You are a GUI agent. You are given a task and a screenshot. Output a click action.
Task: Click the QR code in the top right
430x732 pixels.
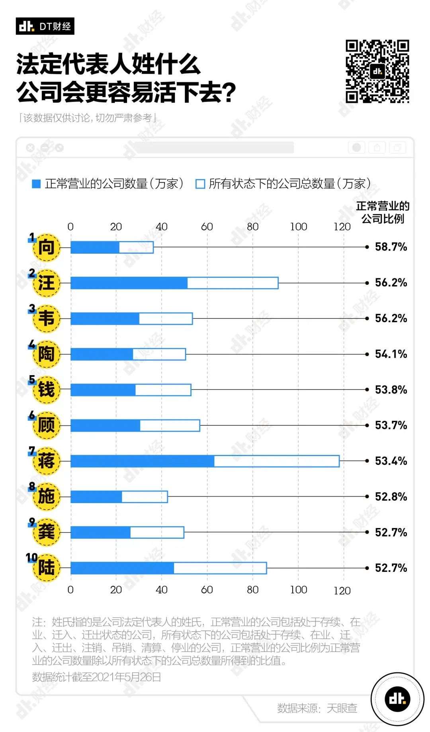[377, 71]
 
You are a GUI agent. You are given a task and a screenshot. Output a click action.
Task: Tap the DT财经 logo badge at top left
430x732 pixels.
[45, 26]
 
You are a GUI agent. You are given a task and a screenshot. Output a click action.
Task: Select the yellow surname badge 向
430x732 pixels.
[47, 248]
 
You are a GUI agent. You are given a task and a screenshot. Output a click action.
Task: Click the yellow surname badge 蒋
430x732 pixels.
[47, 461]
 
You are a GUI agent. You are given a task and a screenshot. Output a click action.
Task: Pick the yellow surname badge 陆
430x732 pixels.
[47, 568]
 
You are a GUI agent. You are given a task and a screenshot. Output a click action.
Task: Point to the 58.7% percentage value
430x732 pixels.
[391, 247]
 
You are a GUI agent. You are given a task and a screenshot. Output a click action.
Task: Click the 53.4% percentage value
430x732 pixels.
[391, 461]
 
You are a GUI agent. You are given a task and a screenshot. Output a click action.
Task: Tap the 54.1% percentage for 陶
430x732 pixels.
[391, 354]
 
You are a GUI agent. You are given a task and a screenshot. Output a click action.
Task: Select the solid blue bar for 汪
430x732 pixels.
[129, 283]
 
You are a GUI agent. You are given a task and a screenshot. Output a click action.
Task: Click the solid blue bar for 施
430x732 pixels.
[96, 497]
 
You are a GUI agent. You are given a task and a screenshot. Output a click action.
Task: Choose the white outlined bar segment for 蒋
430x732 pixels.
[277, 461]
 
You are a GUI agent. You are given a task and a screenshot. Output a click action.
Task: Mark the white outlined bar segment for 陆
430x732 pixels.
[220, 568]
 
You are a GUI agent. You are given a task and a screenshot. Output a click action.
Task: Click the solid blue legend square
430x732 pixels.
[36, 184]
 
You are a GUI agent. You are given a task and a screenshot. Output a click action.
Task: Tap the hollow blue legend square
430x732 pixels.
[200, 184]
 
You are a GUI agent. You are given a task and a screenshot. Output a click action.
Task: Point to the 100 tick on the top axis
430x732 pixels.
[298, 227]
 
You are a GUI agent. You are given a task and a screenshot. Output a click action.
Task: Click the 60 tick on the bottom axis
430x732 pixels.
[207, 589]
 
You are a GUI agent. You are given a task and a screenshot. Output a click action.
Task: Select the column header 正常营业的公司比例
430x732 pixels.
[383, 212]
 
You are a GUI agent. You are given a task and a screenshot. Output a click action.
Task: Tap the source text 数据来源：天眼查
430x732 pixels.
[317, 708]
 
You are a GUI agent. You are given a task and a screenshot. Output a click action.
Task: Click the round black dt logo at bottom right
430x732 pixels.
[397, 699]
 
